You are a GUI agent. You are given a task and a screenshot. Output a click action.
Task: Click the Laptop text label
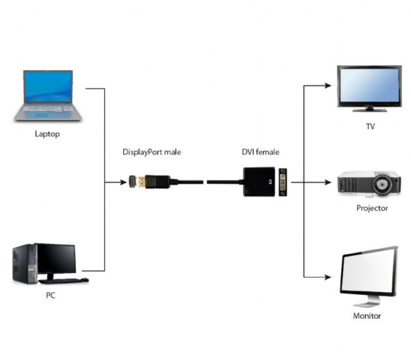pos(47,134)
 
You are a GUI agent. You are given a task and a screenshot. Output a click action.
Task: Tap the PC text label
pos(50,296)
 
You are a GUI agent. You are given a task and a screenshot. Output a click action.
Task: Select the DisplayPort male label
pos(152,152)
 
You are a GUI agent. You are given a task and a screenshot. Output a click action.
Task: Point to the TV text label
pos(370,127)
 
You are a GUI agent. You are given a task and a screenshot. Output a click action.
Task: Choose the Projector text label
pos(372,208)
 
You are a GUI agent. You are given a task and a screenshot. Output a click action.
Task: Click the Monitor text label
pos(367,316)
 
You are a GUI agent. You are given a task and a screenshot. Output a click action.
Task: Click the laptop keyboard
pos(50,108)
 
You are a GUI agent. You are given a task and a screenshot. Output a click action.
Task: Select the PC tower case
pos(23,264)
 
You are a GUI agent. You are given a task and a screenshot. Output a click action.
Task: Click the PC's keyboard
pos(62,280)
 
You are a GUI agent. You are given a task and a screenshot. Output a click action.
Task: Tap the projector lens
pos(391,184)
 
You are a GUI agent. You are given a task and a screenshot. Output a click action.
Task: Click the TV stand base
pos(370,109)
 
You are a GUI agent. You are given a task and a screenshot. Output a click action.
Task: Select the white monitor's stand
pos(368,300)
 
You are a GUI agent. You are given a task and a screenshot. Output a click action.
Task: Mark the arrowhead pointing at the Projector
pos(329,182)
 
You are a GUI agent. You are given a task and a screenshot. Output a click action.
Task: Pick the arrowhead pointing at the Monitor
pos(329,278)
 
